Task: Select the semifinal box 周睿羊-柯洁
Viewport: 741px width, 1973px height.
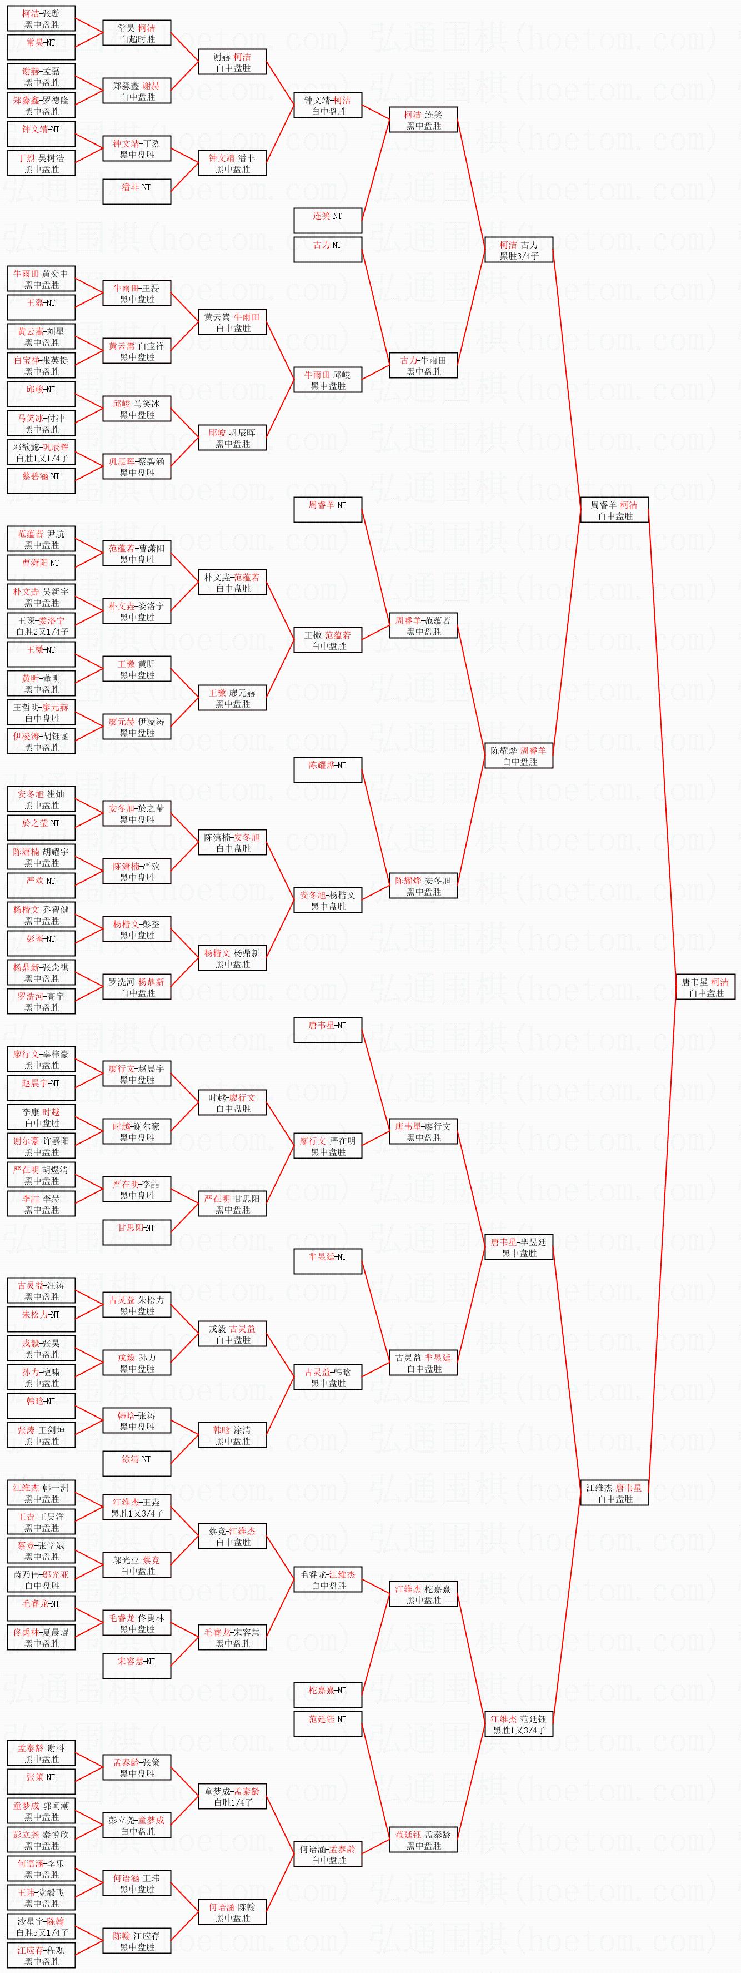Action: tap(614, 510)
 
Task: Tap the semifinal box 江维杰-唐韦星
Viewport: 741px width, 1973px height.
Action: tap(614, 1492)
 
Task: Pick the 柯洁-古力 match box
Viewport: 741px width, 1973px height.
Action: tap(518, 250)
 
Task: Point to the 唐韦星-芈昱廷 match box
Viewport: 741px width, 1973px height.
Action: tap(518, 1247)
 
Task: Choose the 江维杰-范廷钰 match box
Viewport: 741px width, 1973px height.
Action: tap(518, 1723)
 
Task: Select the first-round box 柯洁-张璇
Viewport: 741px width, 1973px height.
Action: tap(41, 19)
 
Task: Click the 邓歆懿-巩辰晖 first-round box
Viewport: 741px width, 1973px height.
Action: tap(41, 452)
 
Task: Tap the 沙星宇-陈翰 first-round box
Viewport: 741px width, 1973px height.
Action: tap(41, 1926)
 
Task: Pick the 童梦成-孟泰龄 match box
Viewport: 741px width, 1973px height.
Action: tap(232, 1796)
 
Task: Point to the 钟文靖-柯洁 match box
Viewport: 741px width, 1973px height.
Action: tap(328, 105)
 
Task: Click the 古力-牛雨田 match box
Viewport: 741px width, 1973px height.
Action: tap(423, 365)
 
